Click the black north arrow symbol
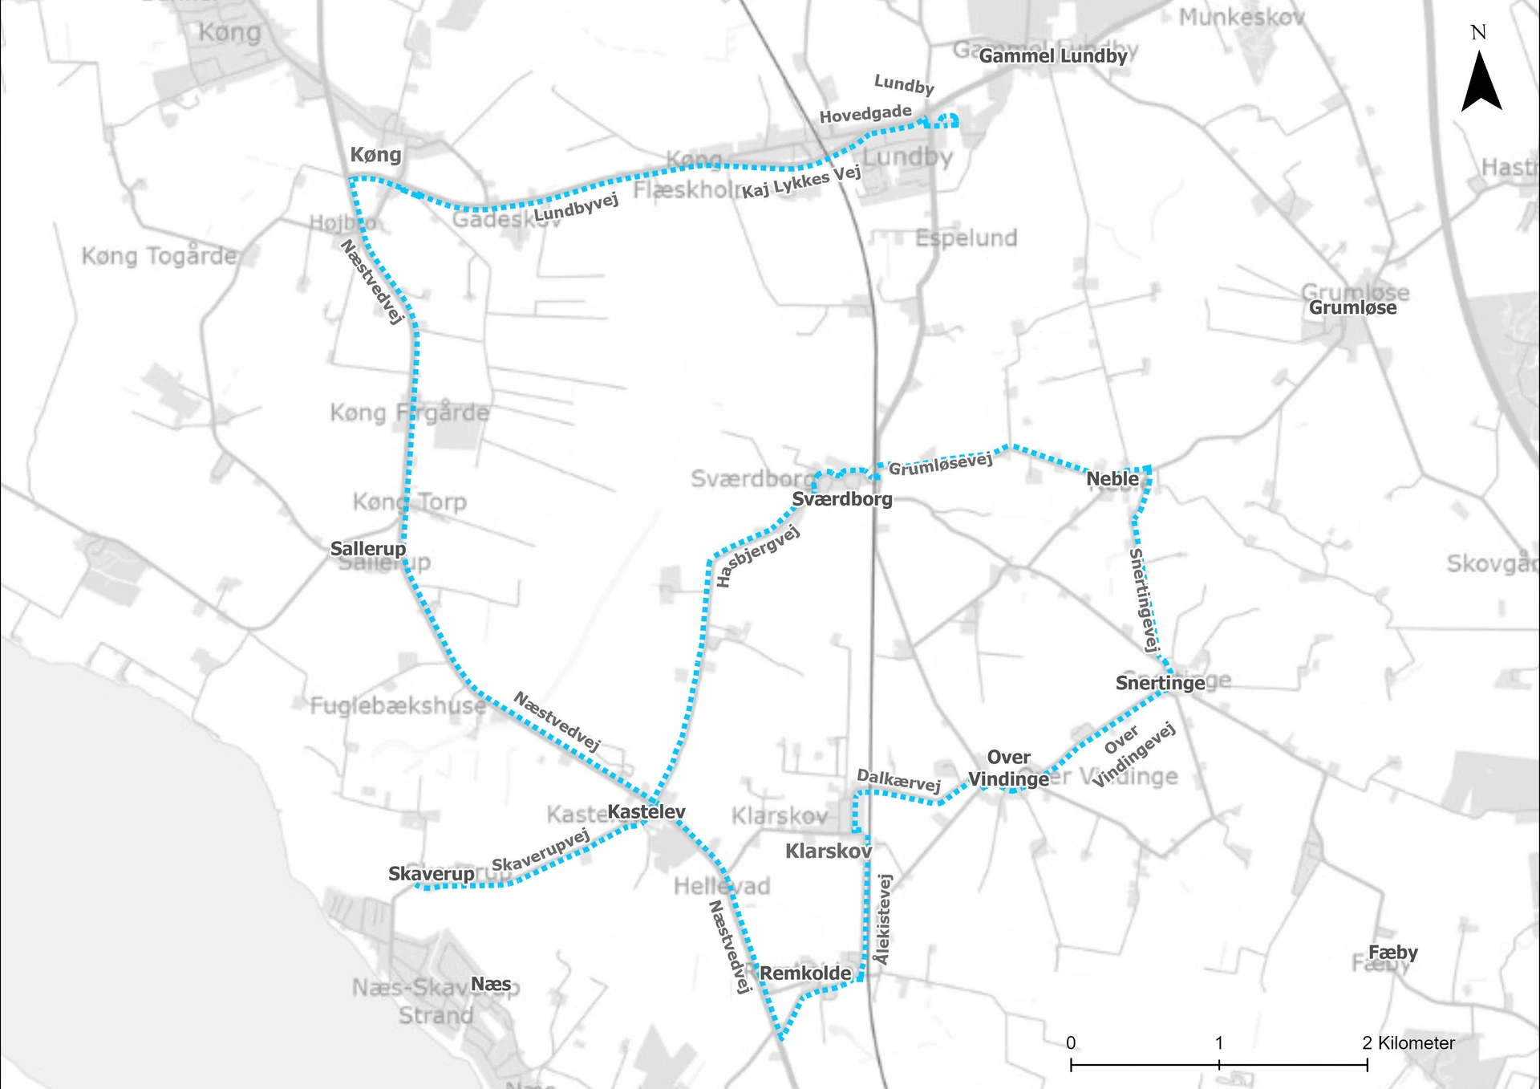[1481, 83]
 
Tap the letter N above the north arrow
[1478, 32]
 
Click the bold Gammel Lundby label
[1052, 56]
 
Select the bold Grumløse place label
[1352, 307]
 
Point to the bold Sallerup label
[368, 549]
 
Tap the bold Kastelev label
[646, 811]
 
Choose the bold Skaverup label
[431, 873]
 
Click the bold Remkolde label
[805, 973]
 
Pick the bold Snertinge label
[1160, 683]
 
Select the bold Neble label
[1112, 479]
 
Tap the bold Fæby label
[1392, 953]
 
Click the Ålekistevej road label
[883, 920]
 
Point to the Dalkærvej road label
[898, 780]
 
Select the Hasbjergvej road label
[757, 556]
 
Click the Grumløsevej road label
[940, 464]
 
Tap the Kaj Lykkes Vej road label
[800, 182]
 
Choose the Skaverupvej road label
[541, 851]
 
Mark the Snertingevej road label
[1144, 599]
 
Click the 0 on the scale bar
[1071, 1042]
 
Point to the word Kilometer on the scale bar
[1416, 1042]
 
